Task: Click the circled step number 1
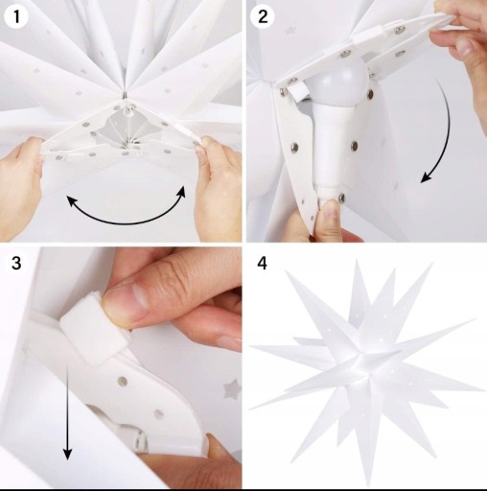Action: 16,16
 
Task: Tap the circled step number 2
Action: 263,16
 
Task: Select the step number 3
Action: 16,263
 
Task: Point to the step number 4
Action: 262,263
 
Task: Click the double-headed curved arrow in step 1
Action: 127,222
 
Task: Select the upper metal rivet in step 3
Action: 122,381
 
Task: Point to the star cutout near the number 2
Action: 290,31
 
